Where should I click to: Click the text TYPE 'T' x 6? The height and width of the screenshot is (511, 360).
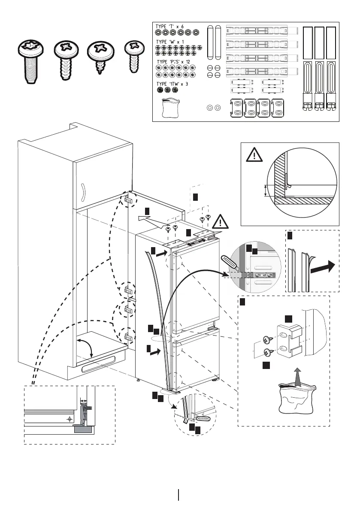[169, 27]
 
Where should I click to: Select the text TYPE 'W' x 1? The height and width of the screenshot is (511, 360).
[170, 42]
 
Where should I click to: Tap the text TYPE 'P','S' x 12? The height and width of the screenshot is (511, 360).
[173, 62]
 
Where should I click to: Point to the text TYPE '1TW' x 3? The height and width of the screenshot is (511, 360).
[172, 84]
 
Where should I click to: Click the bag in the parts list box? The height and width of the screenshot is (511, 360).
[171, 108]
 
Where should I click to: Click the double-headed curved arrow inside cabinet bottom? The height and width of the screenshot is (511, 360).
[86, 347]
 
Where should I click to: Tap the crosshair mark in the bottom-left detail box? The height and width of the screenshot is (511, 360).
[70, 419]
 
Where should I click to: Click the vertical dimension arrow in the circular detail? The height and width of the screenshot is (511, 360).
[266, 190]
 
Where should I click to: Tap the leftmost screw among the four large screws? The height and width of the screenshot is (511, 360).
[30, 61]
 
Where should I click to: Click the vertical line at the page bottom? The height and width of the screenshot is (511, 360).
[178, 495]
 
